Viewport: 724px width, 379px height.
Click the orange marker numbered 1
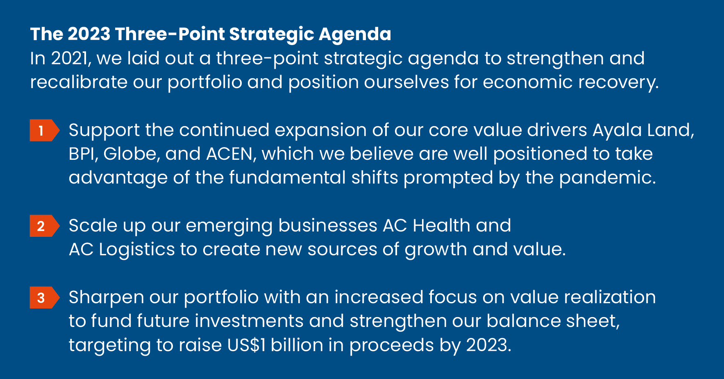pyautogui.click(x=45, y=130)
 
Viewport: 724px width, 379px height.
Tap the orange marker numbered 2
pyautogui.click(x=45, y=226)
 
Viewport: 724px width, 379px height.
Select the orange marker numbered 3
pyautogui.click(x=45, y=297)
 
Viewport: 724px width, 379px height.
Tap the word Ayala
pyautogui.click(x=617, y=131)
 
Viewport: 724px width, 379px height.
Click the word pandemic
pyautogui.click(x=607, y=178)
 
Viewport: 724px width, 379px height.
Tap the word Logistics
pyautogui.click(x=137, y=250)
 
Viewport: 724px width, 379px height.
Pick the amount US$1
pyautogui.click(x=246, y=345)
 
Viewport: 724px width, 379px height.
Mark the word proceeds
pyautogui.click(x=391, y=346)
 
